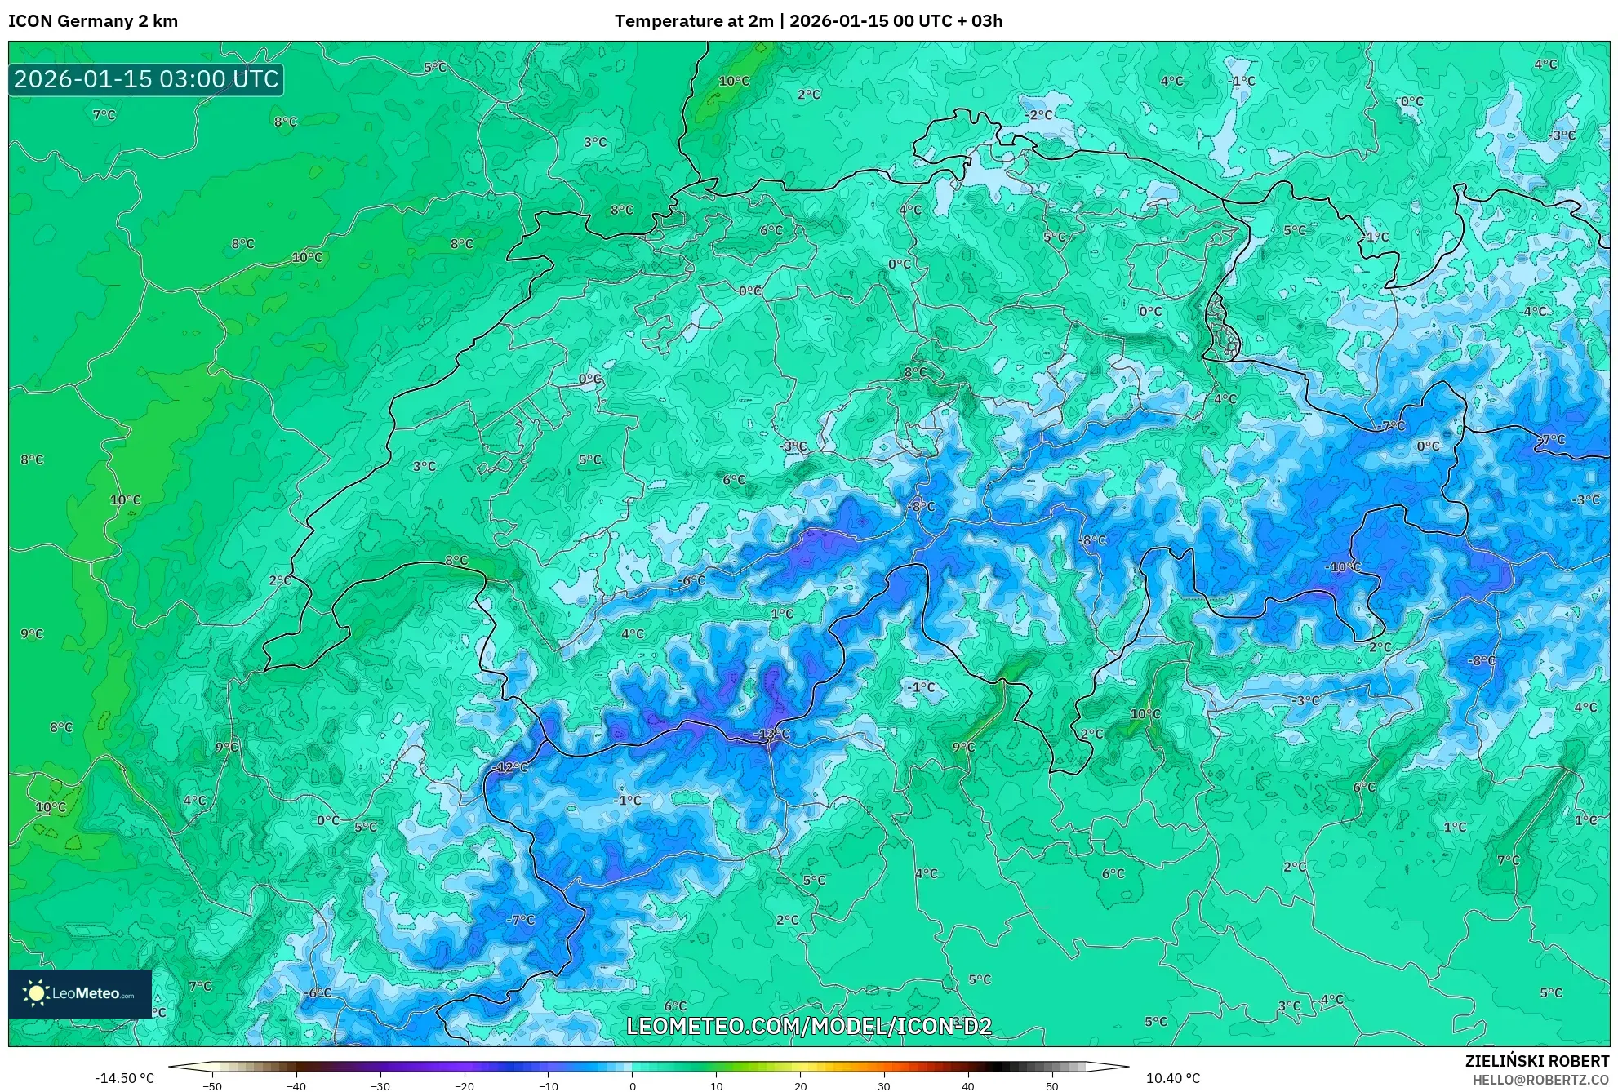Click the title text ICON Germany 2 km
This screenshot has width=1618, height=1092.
pyautogui.click(x=93, y=21)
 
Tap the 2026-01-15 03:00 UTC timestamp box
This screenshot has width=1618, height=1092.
pyautogui.click(x=146, y=79)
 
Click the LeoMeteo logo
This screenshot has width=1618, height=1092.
pyautogui.click(x=80, y=993)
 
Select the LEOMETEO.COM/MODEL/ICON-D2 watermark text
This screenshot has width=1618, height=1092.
pyautogui.click(x=809, y=1026)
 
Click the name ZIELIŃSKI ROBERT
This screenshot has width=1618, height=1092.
pyautogui.click(x=1536, y=1061)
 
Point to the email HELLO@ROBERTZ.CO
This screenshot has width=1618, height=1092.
pyautogui.click(x=1540, y=1080)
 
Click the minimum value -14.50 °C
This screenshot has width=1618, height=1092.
pyautogui.click(x=124, y=1078)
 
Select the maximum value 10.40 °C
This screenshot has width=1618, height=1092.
pyautogui.click(x=1172, y=1078)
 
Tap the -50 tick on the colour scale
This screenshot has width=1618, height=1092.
pyautogui.click(x=212, y=1085)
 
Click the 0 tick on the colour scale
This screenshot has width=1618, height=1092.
pyautogui.click(x=633, y=1085)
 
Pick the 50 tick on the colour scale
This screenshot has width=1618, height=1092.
pyautogui.click(x=1051, y=1085)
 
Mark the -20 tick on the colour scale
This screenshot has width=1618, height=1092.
pyautogui.click(x=464, y=1085)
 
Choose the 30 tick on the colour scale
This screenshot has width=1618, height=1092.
pyautogui.click(x=884, y=1085)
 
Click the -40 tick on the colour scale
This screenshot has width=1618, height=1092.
pyautogui.click(x=296, y=1085)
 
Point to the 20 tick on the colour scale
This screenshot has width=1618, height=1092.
pyautogui.click(x=800, y=1085)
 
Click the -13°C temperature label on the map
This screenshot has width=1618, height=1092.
pyautogui.click(x=771, y=734)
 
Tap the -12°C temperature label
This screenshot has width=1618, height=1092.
pyautogui.click(x=511, y=767)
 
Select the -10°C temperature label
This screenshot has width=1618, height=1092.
pyautogui.click(x=1342, y=566)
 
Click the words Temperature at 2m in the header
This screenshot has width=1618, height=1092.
pyautogui.click(x=694, y=21)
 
